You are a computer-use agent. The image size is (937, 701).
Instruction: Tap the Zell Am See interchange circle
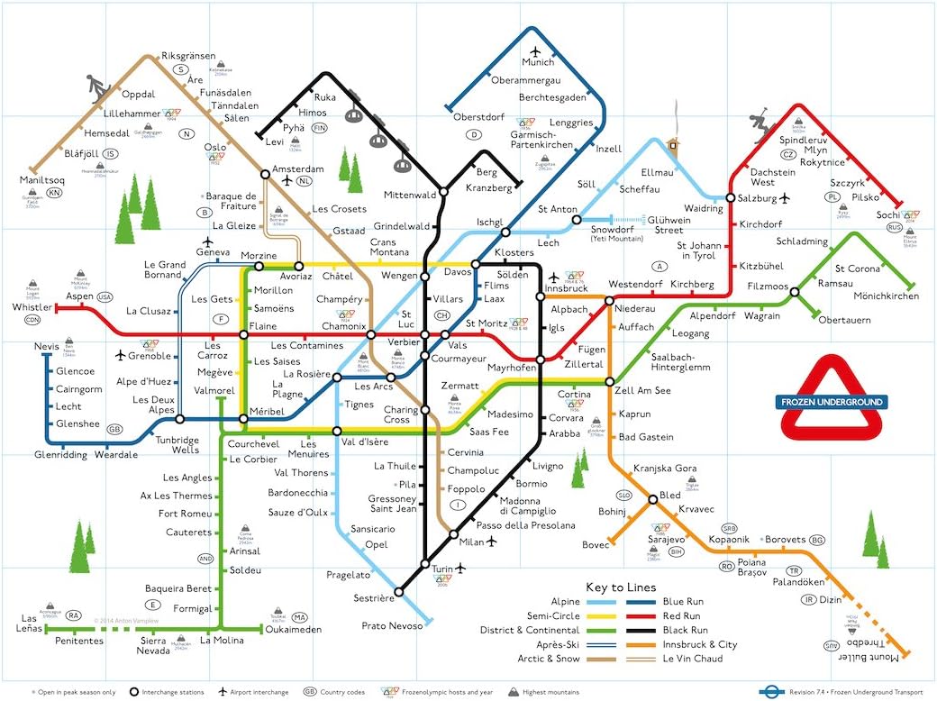click(x=610, y=382)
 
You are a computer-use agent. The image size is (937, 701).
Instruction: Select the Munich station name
click(x=538, y=62)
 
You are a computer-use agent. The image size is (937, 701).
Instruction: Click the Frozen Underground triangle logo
click(x=832, y=400)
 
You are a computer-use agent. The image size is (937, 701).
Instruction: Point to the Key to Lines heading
click(x=621, y=587)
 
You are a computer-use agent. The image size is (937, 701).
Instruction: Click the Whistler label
click(x=32, y=307)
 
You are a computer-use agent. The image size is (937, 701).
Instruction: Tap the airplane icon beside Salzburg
click(x=786, y=197)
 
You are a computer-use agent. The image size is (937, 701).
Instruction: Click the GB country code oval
click(x=114, y=429)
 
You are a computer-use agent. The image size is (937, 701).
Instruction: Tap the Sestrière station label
click(x=374, y=598)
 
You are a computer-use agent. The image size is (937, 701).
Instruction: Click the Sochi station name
click(x=887, y=214)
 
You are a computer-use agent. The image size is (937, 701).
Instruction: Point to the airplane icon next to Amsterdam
click(x=287, y=181)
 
